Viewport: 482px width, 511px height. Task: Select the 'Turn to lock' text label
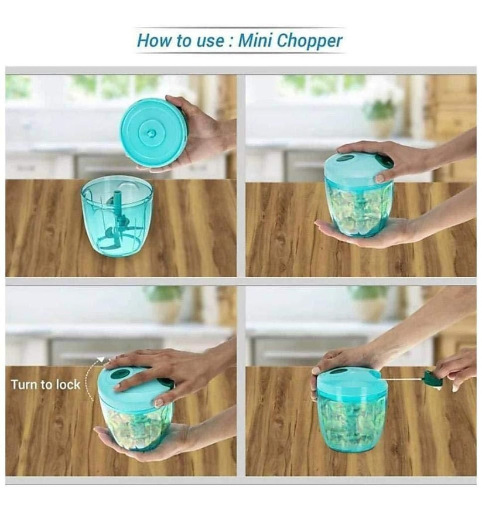coord(45,385)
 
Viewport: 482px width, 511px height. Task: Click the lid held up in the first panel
coord(154,133)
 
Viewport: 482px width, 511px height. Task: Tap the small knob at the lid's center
coord(152,133)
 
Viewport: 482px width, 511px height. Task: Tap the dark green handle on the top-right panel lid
coord(385,161)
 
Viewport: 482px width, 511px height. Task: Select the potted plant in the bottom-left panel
coord(163,302)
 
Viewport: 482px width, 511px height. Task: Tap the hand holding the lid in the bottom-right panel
coord(340,363)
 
